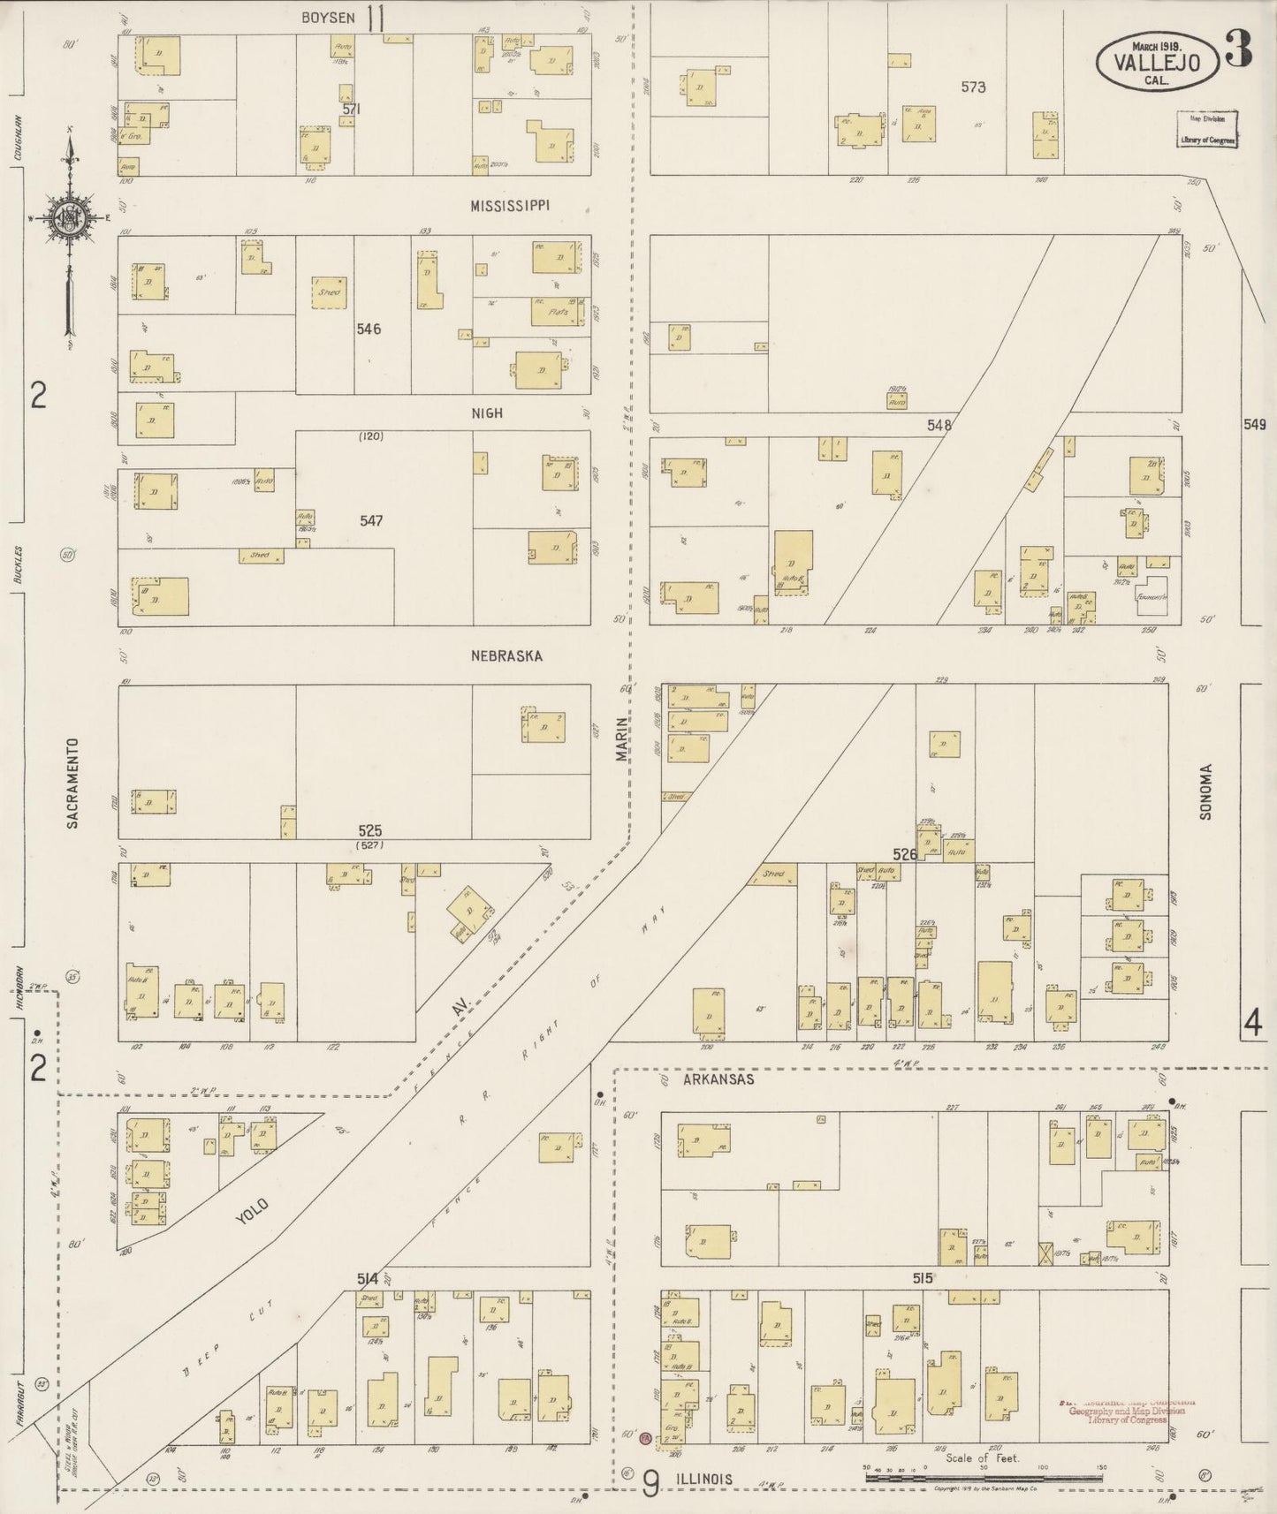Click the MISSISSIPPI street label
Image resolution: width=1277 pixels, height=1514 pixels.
510,205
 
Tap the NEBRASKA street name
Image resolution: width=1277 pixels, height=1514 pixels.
506,656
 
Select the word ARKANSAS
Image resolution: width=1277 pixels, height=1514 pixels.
718,1079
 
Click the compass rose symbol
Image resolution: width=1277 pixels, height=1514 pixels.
68,219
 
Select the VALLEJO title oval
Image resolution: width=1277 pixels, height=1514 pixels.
1157,61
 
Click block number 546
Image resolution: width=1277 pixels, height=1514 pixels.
369,329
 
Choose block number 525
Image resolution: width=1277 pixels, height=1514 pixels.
370,831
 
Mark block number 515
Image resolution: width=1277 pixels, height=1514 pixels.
924,1277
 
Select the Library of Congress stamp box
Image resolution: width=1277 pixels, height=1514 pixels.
1206,129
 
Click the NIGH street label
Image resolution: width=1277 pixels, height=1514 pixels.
487,413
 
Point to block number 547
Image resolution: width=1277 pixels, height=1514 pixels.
371,521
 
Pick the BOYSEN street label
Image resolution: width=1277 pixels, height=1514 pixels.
328,17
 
